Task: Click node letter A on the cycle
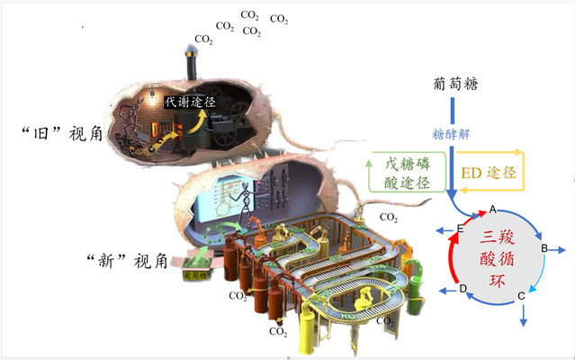[x=492, y=210]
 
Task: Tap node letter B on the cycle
[x=544, y=247]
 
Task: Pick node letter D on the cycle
[x=463, y=290]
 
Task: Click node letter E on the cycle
[x=460, y=229]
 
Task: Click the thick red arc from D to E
[x=451, y=261]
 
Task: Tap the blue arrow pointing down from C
[x=523, y=315]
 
